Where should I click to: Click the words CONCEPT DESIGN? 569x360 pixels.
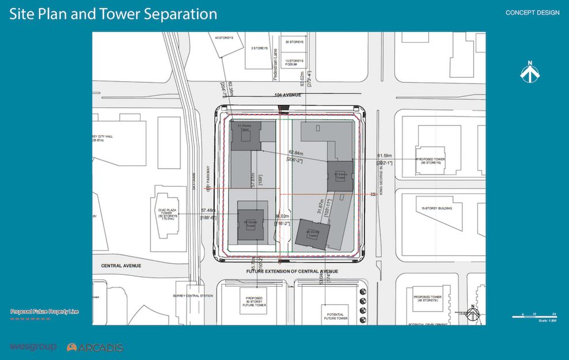532,13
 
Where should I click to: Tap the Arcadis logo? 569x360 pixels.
95,347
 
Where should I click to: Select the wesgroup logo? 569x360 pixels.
33,346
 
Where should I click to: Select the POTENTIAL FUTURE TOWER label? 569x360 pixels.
336,316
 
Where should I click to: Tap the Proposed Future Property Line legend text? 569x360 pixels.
44,312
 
